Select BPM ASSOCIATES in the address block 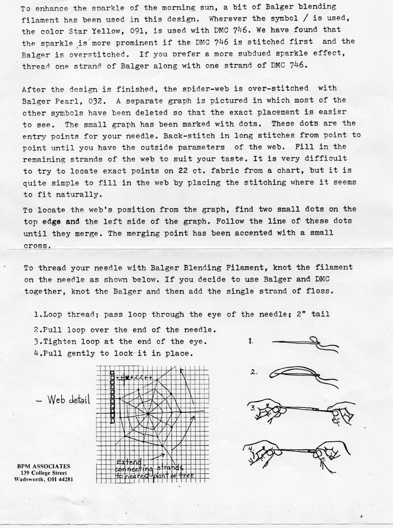[43, 466]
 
